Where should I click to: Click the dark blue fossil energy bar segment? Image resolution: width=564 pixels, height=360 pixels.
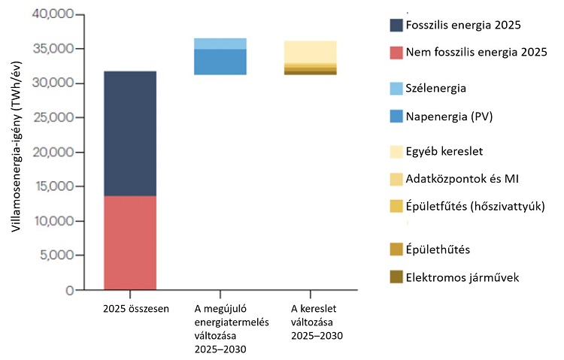[130, 134]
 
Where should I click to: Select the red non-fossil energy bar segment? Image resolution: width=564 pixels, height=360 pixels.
[130, 242]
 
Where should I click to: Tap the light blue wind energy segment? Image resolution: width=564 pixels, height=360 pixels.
[220, 44]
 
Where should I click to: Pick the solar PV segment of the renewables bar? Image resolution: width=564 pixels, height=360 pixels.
[220, 62]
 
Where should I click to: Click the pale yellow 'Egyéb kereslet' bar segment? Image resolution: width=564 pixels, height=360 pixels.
[310, 52]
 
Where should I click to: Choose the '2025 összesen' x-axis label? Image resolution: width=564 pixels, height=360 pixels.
[130, 309]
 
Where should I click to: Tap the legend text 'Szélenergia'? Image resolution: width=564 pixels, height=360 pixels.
[435, 88]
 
